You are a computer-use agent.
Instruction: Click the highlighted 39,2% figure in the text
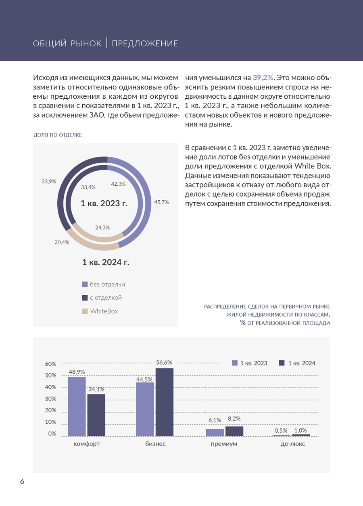[x=263, y=77]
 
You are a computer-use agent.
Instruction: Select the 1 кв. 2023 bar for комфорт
[x=77, y=406]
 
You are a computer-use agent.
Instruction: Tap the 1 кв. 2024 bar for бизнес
[x=164, y=402]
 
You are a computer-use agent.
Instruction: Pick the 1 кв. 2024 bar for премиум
[x=234, y=431]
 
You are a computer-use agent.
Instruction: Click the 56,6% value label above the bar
[x=164, y=363]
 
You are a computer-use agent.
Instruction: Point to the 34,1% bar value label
[x=96, y=389]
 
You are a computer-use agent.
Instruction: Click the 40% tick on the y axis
[x=50, y=387]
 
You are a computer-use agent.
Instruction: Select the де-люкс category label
[x=293, y=444]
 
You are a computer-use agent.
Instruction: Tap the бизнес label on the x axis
[x=155, y=444]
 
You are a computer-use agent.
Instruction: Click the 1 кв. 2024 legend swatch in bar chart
[x=282, y=363]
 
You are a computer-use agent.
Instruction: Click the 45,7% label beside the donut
[x=162, y=202]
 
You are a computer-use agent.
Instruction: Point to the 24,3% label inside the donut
[x=102, y=227]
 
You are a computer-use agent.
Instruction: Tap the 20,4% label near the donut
[x=62, y=242]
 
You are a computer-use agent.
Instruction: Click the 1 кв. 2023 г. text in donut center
[x=104, y=203]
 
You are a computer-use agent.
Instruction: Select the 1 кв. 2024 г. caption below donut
[x=106, y=262]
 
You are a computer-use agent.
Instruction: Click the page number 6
[x=22, y=481]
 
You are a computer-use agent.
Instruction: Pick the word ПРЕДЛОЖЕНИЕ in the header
[x=145, y=44]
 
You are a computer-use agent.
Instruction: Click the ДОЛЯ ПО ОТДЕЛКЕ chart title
[x=58, y=135]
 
